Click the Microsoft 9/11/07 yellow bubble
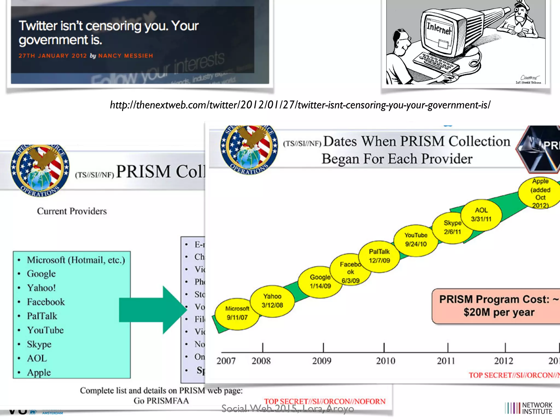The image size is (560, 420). click(x=237, y=313)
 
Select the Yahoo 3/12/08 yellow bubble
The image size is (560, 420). click(x=272, y=301)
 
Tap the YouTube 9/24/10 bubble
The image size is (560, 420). click(x=416, y=240)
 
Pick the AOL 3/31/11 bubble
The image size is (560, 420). click(x=481, y=215)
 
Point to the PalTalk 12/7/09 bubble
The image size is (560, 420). click(x=379, y=256)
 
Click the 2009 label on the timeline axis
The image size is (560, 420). click(x=322, y=361)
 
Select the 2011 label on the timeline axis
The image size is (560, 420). click(x=446, y=361)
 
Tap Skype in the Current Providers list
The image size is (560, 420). click(x=39, y=344)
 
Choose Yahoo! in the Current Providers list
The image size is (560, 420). click(x=41, y=288)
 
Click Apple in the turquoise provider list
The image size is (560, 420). click(x=39, y=373)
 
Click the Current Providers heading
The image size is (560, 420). click(x=72, y=211)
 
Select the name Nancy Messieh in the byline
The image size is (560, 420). click(x=126, y=56)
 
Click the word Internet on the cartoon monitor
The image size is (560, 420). click(x=439, y=28)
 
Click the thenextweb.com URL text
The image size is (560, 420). click(x=300, y=105)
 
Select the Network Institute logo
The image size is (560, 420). click(x=529, y=408)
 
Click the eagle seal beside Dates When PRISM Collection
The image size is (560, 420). click(x=249, y=149)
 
